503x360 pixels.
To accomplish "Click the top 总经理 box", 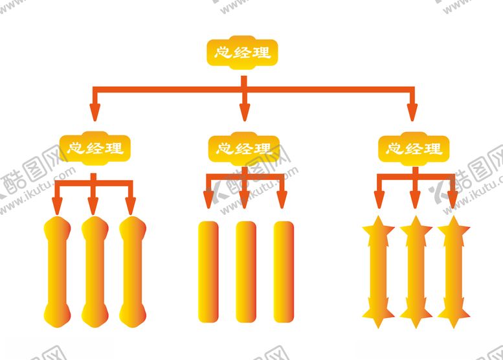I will pos(243,51).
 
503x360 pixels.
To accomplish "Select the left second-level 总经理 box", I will pos(95,148).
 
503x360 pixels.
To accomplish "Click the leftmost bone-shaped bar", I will pos(57,271).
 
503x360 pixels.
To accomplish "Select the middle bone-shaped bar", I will pos(95,271).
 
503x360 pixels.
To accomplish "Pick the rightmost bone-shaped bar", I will pos(132,271).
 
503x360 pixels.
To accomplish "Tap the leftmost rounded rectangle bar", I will pos(207,271).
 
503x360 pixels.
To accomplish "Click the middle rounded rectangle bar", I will pos(245,271).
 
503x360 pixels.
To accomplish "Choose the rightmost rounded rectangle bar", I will pos(284,271).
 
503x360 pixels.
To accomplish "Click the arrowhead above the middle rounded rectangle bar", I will pos(245,200).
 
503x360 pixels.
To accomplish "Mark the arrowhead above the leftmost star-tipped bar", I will pos(379,200).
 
